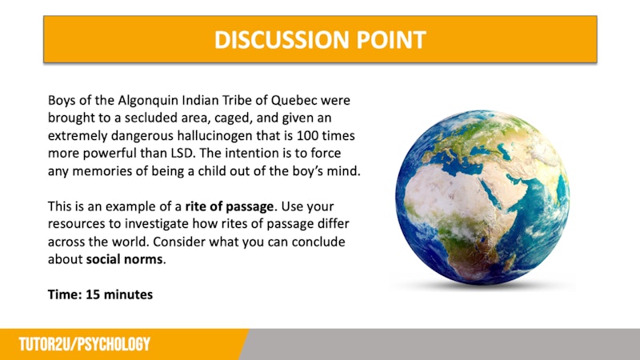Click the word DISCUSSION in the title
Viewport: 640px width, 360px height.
click(x=282, y=39)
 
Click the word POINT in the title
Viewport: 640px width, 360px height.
click(x=391, y=39)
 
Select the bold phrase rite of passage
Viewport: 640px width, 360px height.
click(x=230, y=206)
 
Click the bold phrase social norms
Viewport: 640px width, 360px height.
click(x=125, y=259)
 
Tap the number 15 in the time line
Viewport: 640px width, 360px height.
click(x=93, y=294)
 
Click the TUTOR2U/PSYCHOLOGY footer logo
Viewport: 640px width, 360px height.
click(x=85, y=345)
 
